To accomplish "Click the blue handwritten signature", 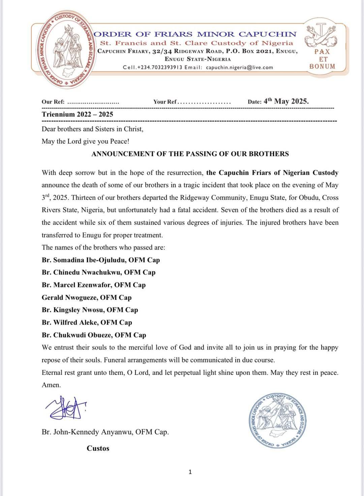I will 66,407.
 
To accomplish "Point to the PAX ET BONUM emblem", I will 322,47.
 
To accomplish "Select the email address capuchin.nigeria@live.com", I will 239,67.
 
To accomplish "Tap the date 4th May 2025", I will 286,101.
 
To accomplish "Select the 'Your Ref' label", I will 165,102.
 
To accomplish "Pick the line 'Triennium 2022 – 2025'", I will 77,114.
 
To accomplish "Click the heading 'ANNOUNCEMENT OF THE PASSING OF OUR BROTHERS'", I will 190,154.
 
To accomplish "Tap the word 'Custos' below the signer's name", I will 98,448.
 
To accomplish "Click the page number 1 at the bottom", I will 190,472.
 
